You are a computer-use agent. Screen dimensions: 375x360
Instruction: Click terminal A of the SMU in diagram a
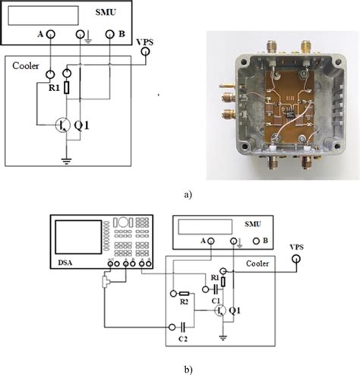[51, 35]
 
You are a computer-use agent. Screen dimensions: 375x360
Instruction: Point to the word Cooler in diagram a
[25, 65]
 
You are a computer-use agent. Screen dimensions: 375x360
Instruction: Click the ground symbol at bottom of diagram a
[66, 161]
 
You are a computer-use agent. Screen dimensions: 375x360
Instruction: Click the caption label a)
[188, 194]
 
